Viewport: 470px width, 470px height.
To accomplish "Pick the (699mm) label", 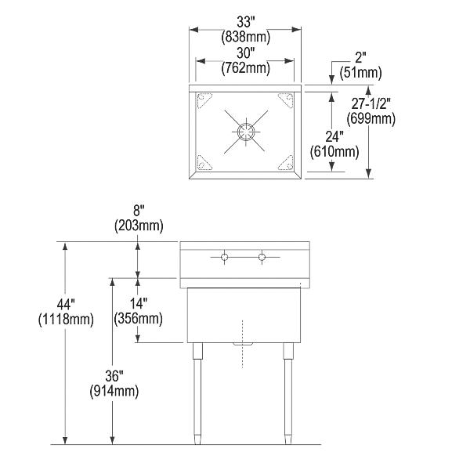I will pyautogui.click(x=372, y=119).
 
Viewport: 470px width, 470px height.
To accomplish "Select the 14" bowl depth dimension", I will pyautogui.click(x=138, y=302).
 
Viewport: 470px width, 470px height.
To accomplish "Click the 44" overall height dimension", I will pyautogui.click(x=64, y=304).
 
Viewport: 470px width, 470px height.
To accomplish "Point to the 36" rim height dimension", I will pyautogui.click(x=114, y=375).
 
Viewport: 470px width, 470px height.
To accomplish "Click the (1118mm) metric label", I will pyautogui.click(x=65, y=319).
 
